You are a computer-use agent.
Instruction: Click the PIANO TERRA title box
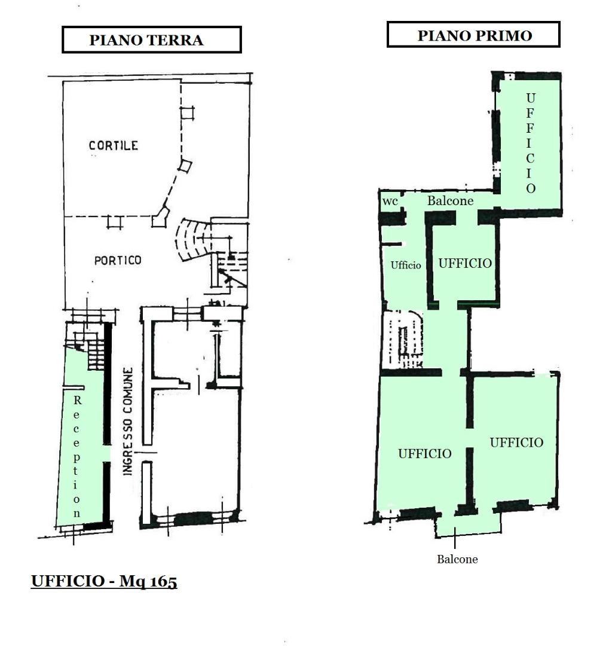152,40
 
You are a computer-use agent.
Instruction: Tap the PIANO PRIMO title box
473,35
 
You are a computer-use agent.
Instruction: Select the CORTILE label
114,145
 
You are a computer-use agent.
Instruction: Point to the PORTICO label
118,260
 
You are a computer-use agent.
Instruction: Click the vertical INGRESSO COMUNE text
128,421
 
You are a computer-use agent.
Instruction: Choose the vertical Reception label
76,457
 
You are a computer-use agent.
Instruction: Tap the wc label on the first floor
390,202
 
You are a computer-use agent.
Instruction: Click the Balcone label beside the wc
451,201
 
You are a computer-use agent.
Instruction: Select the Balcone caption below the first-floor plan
457,559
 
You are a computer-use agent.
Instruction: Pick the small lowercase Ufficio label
406,265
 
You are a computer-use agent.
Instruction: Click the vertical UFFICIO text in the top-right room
530,143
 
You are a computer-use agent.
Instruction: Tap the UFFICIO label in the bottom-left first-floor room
425,453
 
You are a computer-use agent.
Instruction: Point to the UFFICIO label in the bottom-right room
516,443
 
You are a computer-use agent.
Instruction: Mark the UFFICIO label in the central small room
465,263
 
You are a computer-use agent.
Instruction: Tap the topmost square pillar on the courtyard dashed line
187,113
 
